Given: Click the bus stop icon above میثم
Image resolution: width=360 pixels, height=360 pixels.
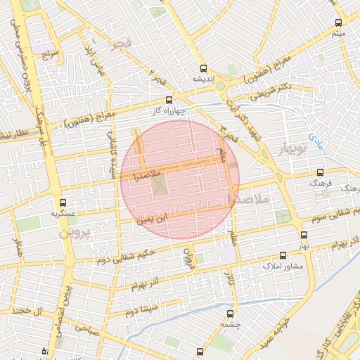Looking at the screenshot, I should [x=339, y=22].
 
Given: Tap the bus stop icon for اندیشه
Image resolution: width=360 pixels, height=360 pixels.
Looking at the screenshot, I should [x=204, y=68].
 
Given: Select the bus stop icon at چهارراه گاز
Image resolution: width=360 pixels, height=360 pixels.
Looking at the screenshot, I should [x=168, y=100].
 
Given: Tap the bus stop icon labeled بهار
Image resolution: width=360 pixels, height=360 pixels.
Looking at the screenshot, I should [x=304, y=236].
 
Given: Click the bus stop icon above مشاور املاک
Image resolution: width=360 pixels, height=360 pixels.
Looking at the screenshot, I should [x=283, y=256].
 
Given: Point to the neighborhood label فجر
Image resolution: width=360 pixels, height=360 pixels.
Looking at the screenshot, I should [x=120, y=45].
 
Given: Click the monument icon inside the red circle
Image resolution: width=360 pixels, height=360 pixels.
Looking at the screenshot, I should [x=160, y=187].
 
